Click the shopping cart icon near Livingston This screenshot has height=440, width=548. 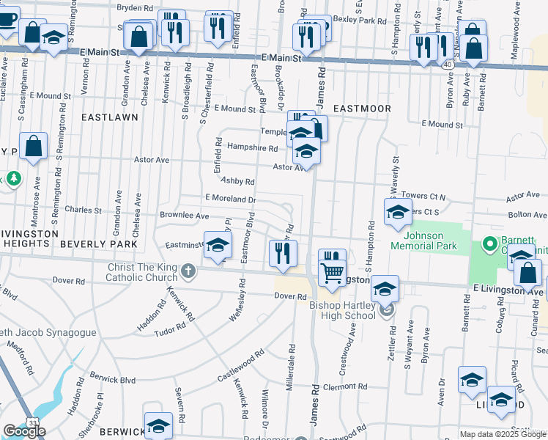[333, 273]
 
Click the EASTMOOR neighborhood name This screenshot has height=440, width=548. [362, 109]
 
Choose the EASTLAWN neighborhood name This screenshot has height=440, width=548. [109, 117]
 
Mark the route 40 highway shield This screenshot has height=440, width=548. [446, 65]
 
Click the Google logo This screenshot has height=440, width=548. [24, 430]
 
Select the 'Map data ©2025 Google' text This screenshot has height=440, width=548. [503, 434]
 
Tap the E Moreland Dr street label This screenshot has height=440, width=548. [230, 198]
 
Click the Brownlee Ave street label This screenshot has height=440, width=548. [184, 216]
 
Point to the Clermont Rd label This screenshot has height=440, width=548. [344, 386]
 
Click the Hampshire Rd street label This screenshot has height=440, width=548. [252, 147]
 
